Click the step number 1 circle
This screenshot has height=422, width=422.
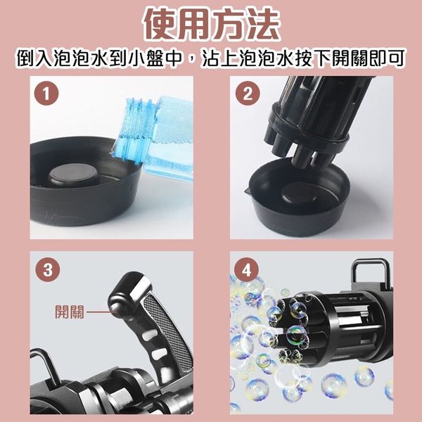(46, 94)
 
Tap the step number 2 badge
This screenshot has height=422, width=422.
(248, 94)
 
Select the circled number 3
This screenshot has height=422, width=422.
(48, 269)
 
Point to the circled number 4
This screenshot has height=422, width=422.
(247, 269)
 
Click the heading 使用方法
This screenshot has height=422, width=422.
(212, 25)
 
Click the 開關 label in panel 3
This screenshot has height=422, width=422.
(70, 312)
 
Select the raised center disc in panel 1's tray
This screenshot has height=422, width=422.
(72, 175)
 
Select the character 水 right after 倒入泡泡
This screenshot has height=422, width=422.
(101, 58)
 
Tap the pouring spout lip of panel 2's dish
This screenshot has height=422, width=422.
(248, 191)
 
